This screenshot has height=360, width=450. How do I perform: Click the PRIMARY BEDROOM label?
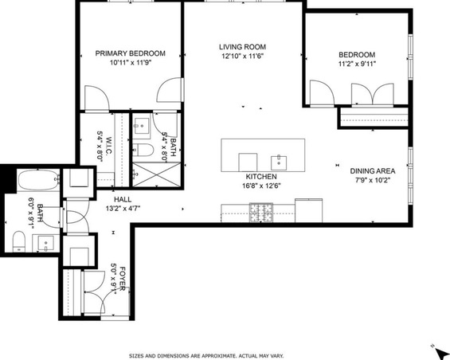pos(130,53)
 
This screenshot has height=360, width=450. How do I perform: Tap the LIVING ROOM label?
pos(242,47)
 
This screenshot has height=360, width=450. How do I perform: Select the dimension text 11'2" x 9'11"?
pos(357,64)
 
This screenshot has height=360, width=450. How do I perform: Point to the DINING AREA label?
pos(373,171)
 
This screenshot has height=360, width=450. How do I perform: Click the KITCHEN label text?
pos(261,177)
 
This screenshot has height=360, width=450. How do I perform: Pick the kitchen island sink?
pos(279,162)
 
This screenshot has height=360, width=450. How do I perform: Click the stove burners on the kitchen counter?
pos(261,213)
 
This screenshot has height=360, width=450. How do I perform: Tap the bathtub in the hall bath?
pos(39,180)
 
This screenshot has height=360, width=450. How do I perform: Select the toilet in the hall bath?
pos(19,241)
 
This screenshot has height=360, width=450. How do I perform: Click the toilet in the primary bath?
pos(143,150)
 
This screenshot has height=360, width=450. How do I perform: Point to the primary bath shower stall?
pos(157,174)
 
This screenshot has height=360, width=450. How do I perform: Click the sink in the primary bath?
pos(142,126)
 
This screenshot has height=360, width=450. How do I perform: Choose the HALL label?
pos(123,200)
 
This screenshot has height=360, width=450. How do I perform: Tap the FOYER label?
pos(123,279)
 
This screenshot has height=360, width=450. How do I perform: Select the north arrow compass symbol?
pos(439,351)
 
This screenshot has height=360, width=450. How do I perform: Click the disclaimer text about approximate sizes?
pos(206,356)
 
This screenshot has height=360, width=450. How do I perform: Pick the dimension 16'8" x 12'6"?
pos(261,186)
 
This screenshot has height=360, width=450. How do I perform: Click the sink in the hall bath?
pos(46,244)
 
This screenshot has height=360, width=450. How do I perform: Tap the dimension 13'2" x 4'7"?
pos(123,208)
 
